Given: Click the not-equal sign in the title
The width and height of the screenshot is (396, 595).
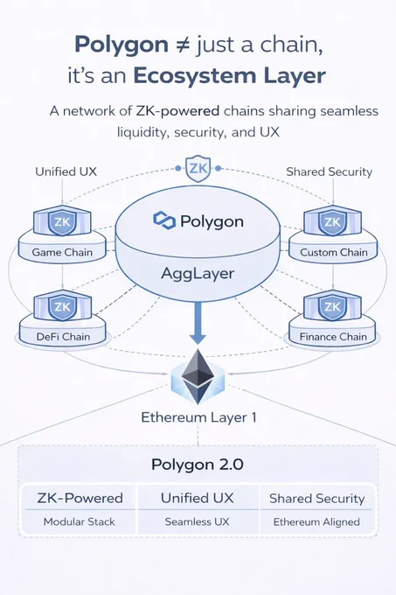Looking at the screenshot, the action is click(x=183, y=45).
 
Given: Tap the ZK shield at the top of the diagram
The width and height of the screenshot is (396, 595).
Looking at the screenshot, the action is click(x=198, y=168).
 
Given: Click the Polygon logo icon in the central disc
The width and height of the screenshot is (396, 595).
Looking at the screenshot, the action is click(x=164, y=220).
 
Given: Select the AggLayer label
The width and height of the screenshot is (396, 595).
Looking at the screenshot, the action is click(x=198, y=273).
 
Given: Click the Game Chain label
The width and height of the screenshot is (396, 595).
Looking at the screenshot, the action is click(x=62, y=252).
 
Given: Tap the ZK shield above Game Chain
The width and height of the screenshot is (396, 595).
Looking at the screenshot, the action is click(x=62, y=221).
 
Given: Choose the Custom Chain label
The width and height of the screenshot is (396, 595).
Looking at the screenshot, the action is click(x=333, y=252).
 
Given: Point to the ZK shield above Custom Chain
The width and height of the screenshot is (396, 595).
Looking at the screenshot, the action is click(x=333, y=221).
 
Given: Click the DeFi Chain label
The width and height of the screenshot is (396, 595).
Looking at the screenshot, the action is click(x=63, y=337).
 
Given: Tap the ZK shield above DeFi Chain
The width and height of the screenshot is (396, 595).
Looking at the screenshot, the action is click(x=62, y=306).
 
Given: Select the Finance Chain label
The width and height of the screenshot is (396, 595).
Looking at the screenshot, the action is click(x=333, y=337).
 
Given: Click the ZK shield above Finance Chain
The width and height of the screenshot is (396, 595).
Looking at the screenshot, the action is click(x=333, y=306).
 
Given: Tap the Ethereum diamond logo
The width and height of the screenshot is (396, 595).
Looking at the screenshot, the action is click(x=198, y=377).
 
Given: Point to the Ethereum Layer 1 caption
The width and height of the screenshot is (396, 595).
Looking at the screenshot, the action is click(x=198, y=417).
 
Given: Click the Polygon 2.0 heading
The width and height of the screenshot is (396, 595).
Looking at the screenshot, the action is click(x=198, y=465).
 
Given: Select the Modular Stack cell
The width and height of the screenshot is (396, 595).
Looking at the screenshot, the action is click(x=80, y=521).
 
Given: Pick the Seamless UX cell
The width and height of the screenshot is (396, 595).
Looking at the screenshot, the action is click(x=197, y=521).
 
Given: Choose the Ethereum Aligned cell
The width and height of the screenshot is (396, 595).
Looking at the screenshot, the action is click(x=316, y=522).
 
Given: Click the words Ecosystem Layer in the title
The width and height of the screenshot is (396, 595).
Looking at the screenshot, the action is click(x=229, y=76).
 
